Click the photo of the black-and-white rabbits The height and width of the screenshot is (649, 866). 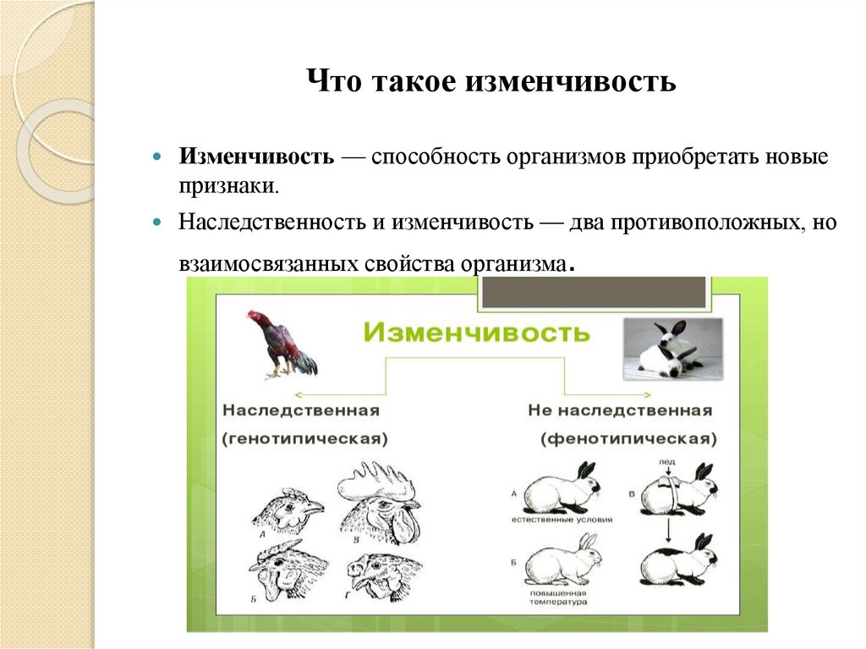point(672,349)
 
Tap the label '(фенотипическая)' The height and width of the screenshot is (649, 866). point(628,439)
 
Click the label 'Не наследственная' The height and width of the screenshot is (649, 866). point(620,410)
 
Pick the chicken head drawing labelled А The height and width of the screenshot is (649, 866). point(288,512)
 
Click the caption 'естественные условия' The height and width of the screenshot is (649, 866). point(561,520)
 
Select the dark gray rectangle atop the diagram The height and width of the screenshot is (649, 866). point(595,291)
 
